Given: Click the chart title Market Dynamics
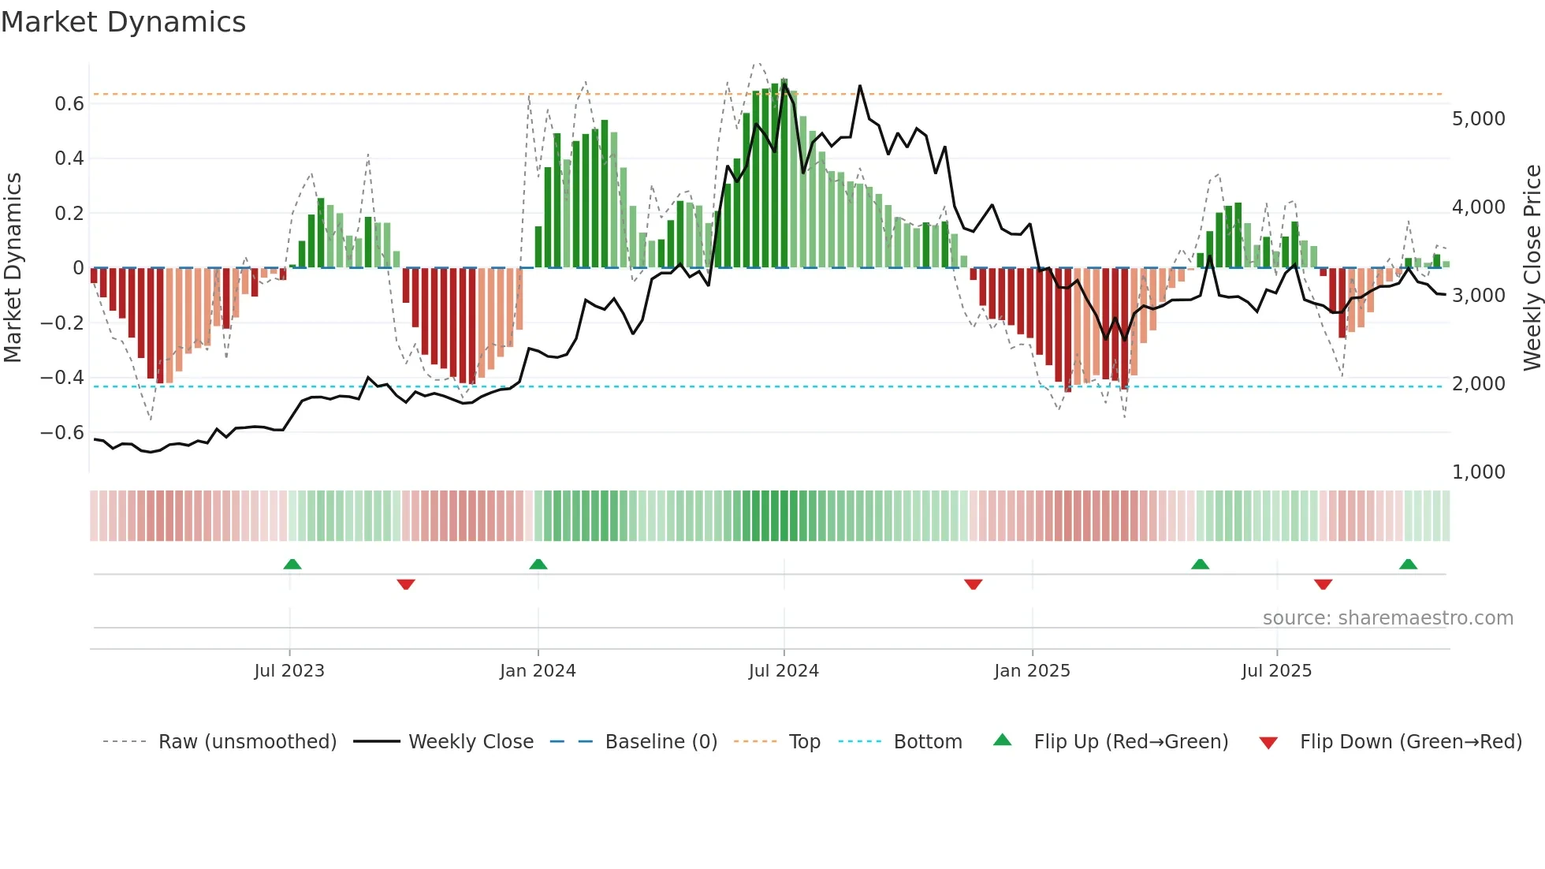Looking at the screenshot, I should click(123, 22).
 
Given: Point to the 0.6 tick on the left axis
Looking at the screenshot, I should click(69, 104).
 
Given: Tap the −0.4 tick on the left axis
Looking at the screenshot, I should click(62, 378).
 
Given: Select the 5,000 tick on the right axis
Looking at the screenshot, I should click(1478, 119).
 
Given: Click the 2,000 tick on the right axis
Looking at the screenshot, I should click(1478, 384).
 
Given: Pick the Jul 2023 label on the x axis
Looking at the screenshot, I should click(289, 671).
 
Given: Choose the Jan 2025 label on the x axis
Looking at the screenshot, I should click(1032, 671).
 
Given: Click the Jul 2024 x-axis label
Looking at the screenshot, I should click(784, 671).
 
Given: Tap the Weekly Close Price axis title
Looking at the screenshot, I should click(1532, 267).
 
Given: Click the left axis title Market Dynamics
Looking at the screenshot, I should click(13, 267).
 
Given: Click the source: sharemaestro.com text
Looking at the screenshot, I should click(1387, 618).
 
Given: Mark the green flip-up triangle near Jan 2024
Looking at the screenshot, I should click(538, 565).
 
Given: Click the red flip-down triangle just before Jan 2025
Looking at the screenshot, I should click(974, 584).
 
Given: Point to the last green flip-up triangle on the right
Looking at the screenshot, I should click(1409, 565).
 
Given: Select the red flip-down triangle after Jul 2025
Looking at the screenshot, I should click(1323, 584).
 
